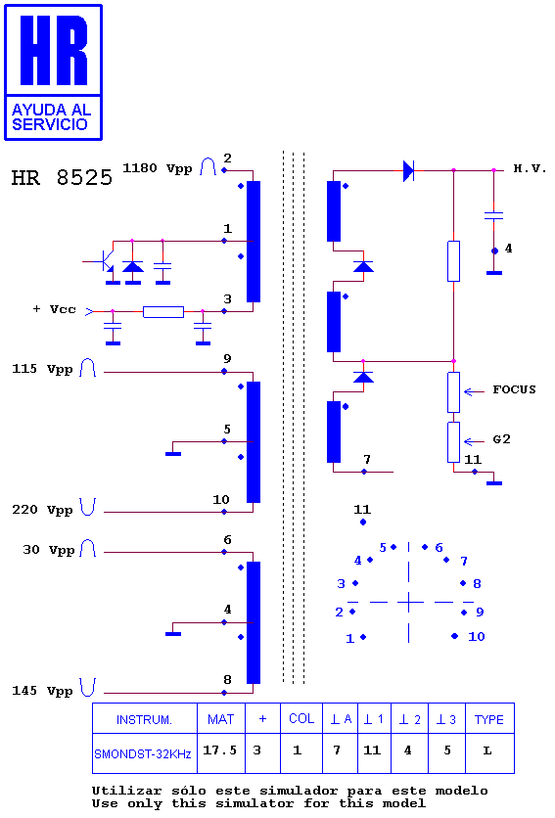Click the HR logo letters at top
coord(54,50)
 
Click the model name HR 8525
coord(62,177)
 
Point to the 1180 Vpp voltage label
coord(158,168)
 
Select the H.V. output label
coord(530,168)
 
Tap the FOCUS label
coord(514,389)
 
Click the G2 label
coord(502,439)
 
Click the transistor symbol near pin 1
coord(106,261)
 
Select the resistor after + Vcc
coord(163,312)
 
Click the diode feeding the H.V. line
coord(408,170)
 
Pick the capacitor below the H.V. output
coord(493,215)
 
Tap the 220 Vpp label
coord(42,510)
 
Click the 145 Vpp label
coord(42,691)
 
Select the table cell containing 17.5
coord(221,752)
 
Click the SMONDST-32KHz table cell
coord(145,752)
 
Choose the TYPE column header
coord(489,719)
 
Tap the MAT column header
coord(221,719)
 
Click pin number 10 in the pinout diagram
coord(476,636)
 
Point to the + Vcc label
coord(54,309)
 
